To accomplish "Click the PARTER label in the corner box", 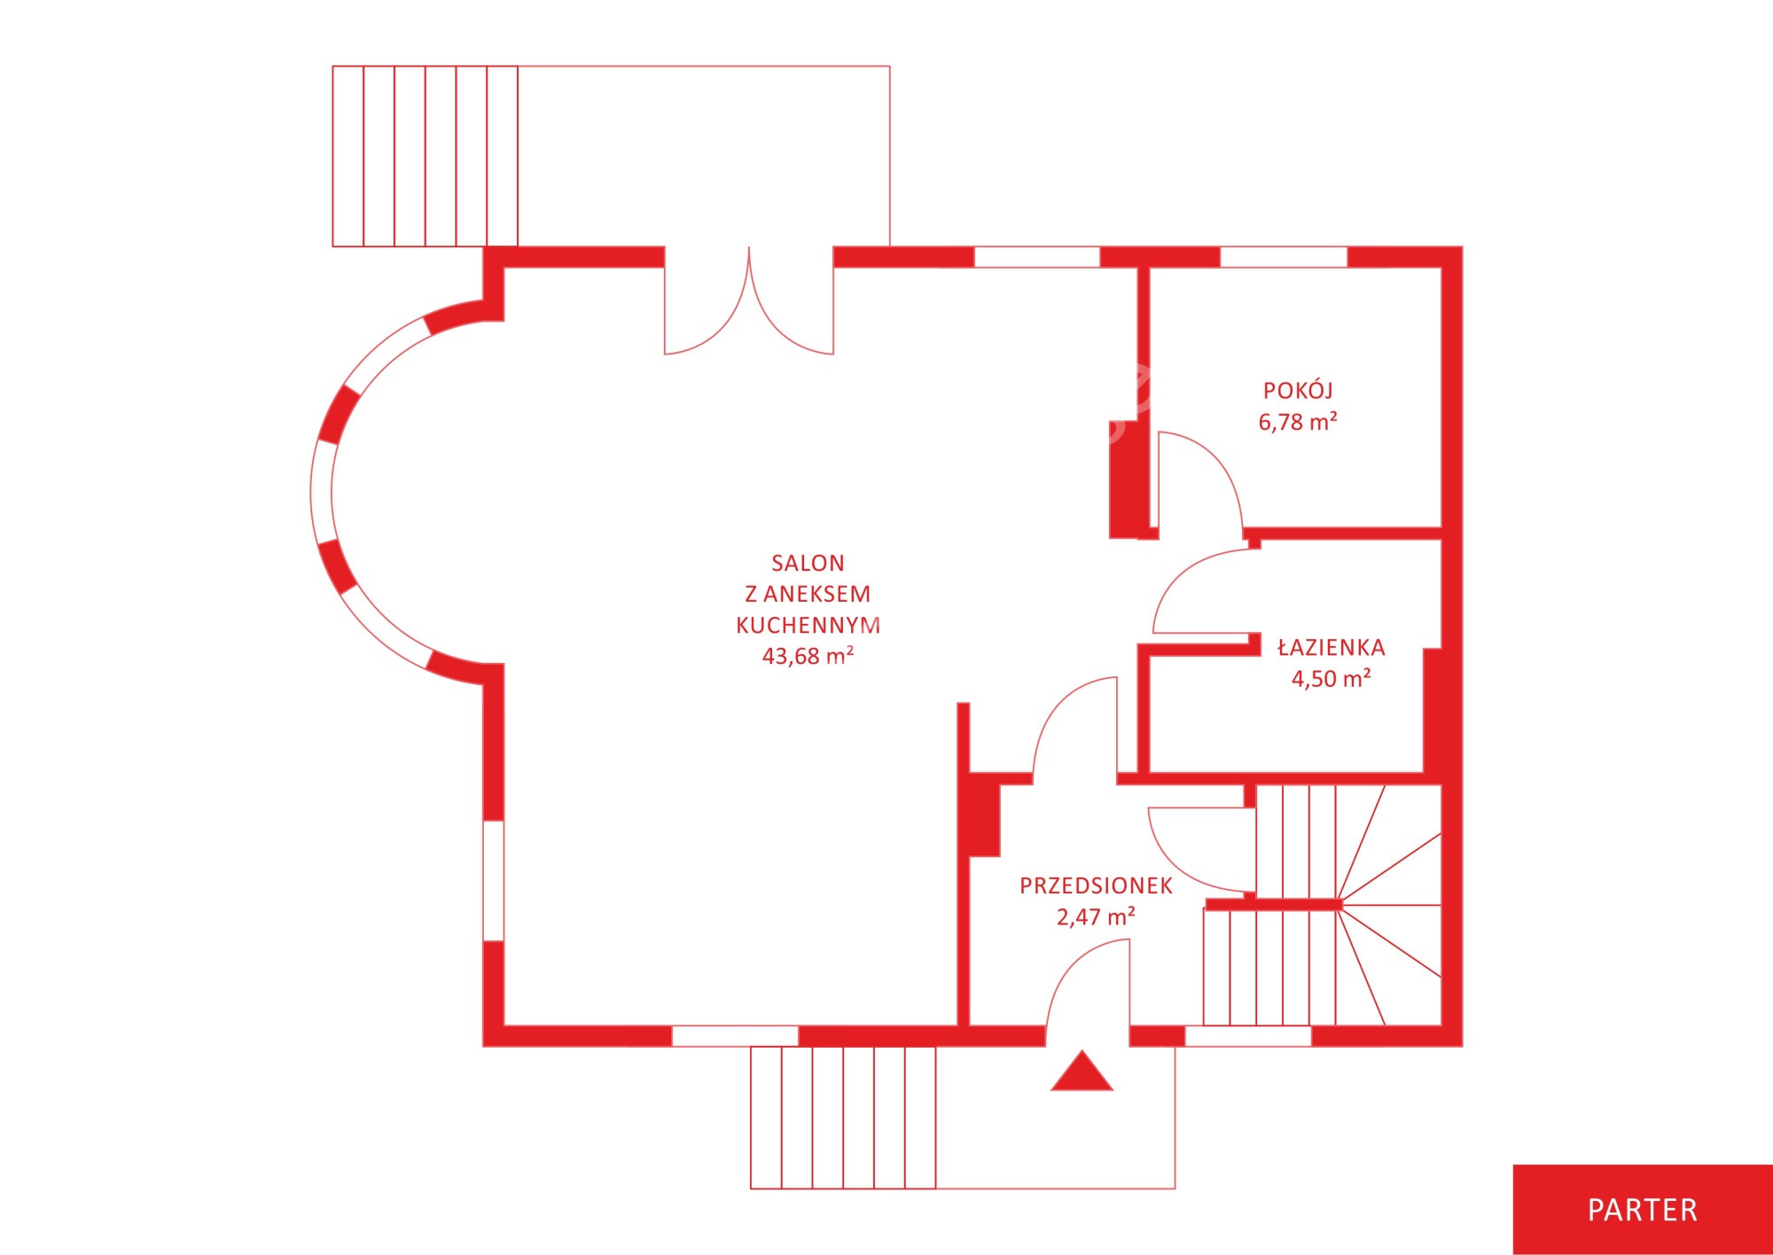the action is click(x=1642, y=1210).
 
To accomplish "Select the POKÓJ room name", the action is click(x=1298, y=390).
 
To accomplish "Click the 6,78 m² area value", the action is click(x=1298, y=422).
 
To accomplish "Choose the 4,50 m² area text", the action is click(x=1331, y=679).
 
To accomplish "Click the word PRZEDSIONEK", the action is click(x=1096, y=885).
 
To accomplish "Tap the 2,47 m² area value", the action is click(x=1096, y=917).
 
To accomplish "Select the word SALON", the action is click(x=808, y=563).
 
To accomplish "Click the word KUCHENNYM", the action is click(x=808, y=625).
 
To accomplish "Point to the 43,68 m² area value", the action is click(x=808, y=656).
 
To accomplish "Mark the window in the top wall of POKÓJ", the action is click(x=1284, y=257).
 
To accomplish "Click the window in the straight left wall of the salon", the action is click(x=494, y=880).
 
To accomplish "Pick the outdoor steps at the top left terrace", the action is click(x=426, y=156).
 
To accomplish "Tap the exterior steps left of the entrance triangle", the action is click(x=843, y=1118).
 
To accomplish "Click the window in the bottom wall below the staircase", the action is click(x=1248, y=1036).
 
